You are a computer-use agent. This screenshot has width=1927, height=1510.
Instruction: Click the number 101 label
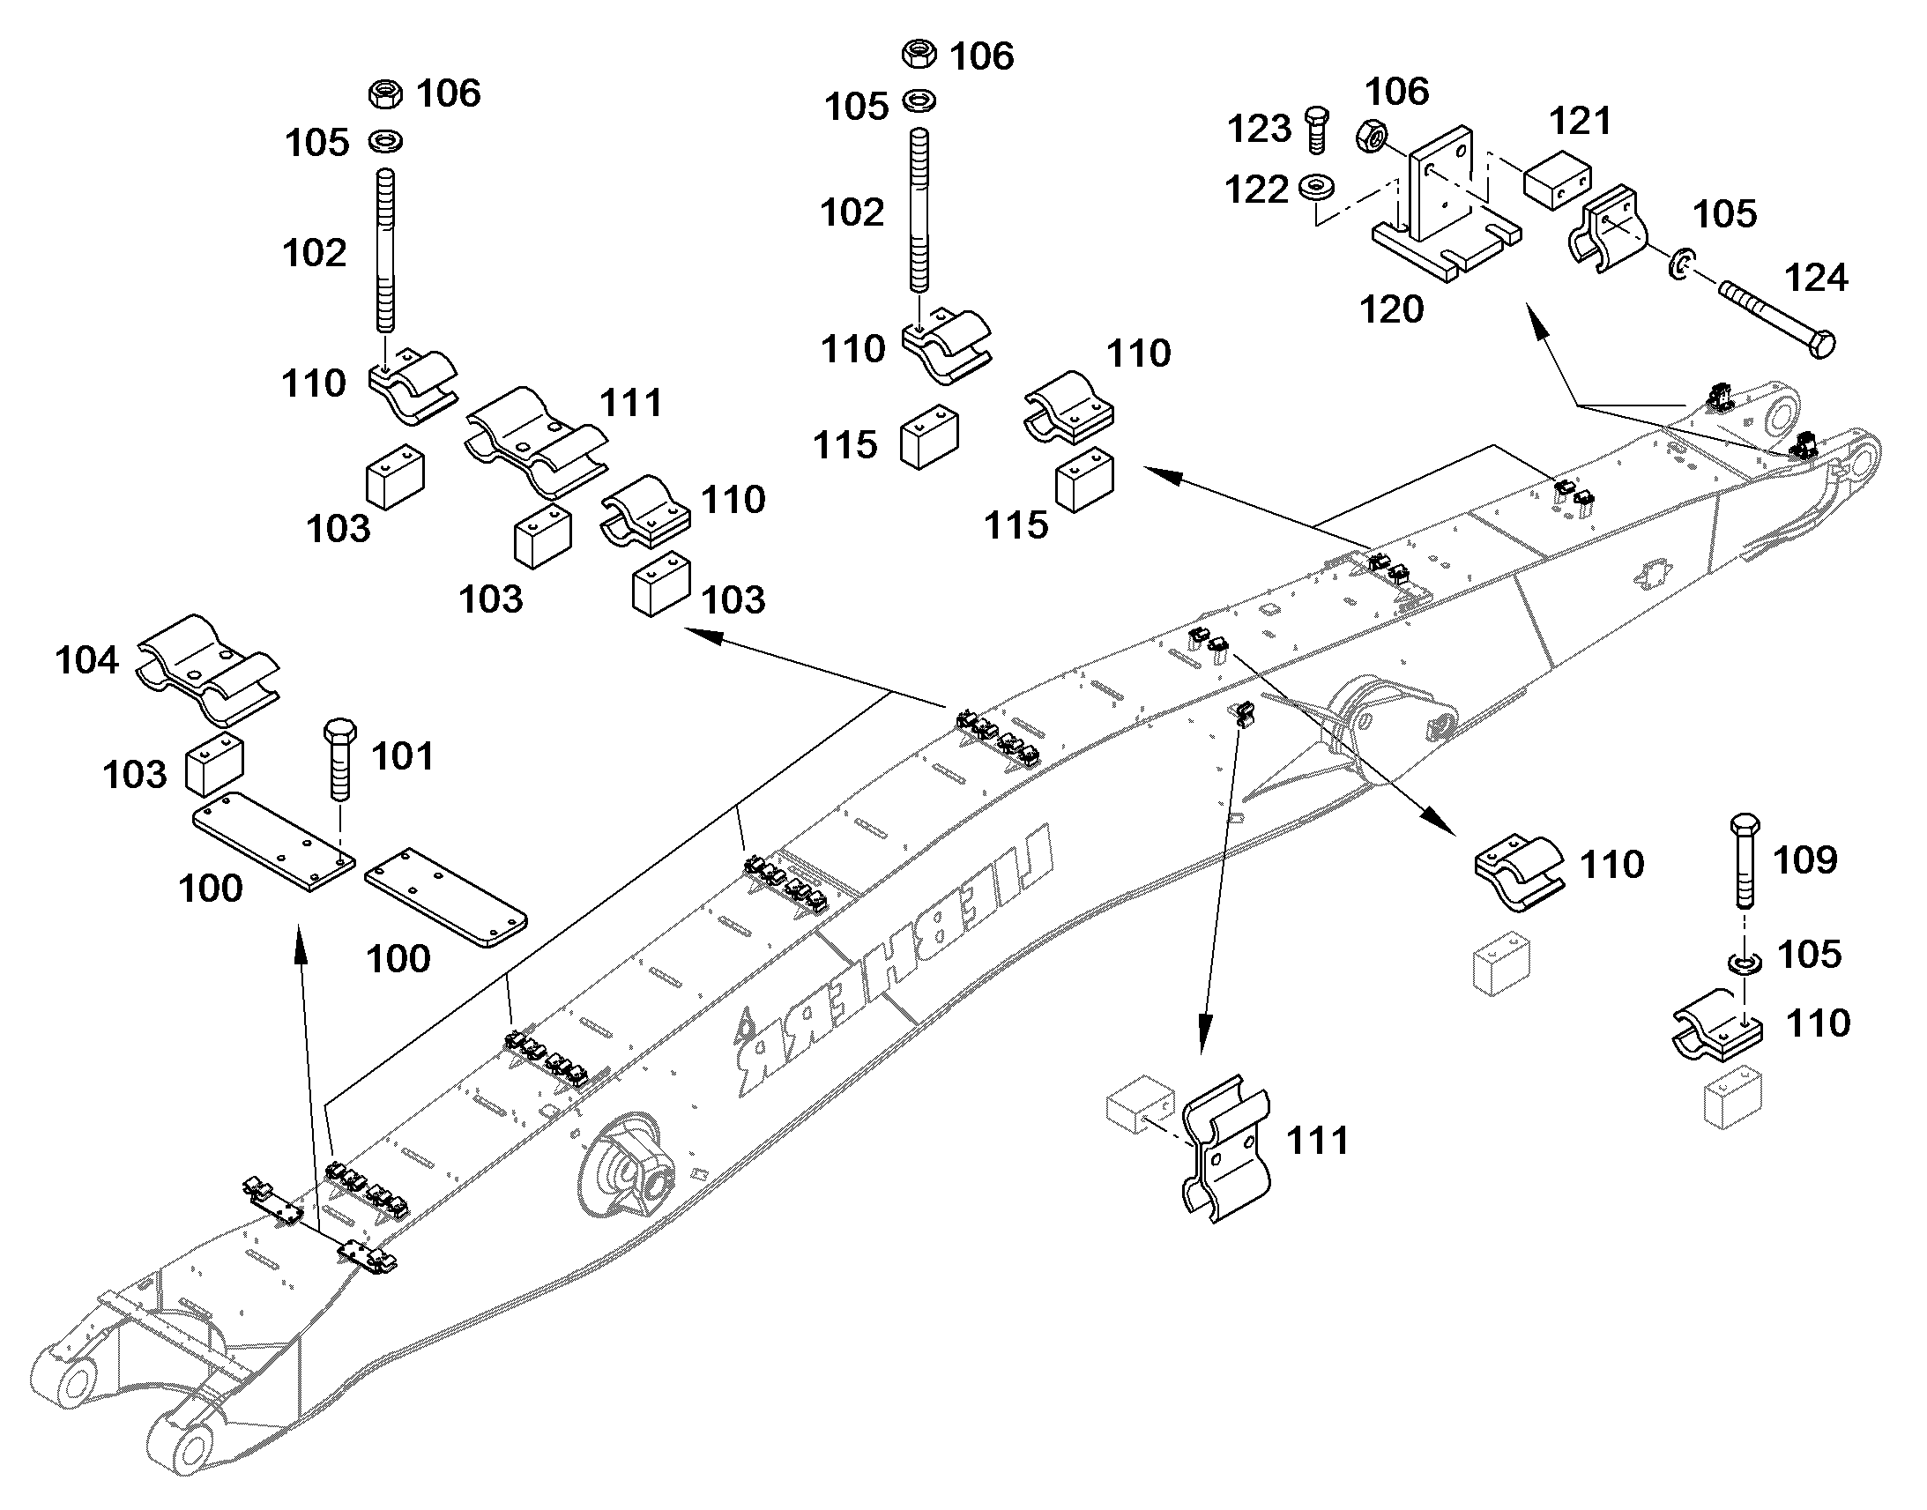pyautogui.click(x=402, y=757)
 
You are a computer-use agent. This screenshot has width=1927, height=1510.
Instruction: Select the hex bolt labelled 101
pyautogui.click(x=341, y=760)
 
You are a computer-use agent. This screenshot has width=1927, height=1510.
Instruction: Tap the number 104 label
pyautogui.click(x=86, y=660)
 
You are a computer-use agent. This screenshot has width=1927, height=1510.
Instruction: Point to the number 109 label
pyautogui.click(x=1805, y=859)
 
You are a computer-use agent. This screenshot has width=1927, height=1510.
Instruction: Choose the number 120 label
pyautogui.click(x=1391, y=309)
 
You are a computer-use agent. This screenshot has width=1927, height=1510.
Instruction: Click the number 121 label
pyautogui.click(x=1581, y=121)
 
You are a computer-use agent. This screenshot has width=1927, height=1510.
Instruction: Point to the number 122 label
pyautogui.click(x=1257, y=190)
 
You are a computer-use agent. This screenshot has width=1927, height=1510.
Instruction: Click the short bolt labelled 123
pyautogui.click(x=1315, y=130)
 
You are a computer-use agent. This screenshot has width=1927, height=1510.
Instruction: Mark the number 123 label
pyautogui.click(x=1260, y=130)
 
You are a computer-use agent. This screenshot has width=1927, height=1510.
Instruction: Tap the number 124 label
pyautogui.click(x=1817, y=279)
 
